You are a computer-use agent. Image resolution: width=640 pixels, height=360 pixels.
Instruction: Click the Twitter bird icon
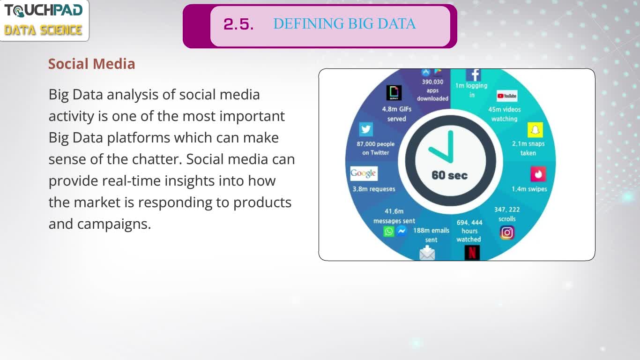pos(366,129)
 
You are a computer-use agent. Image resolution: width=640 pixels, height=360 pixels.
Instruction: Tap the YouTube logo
pos(507,96)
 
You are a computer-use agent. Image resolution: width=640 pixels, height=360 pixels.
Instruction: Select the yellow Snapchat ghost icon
pos(535,130)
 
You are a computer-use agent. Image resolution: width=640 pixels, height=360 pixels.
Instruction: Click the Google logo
pos(364,173)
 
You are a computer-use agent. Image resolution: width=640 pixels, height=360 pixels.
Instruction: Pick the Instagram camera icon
pos(507,232)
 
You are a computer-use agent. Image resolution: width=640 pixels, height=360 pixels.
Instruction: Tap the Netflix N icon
pos(472,253)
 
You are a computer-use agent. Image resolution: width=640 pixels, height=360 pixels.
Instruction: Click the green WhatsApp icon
pos(388,231)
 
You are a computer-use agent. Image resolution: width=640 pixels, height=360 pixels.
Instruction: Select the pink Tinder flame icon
pos(538,174)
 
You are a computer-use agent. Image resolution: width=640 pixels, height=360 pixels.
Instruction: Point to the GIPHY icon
pos(394,93)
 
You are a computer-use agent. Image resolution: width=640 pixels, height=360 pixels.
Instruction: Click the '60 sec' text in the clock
pos(449,175)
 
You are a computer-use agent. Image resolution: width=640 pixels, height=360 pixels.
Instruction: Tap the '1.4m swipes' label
pos(529,189)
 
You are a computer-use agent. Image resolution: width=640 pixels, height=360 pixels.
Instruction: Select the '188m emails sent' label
pos(431,235)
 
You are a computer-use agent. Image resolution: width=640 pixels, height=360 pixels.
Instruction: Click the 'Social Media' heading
pos(91,64)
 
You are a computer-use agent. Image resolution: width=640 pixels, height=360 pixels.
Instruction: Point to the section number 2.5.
pos(238,24)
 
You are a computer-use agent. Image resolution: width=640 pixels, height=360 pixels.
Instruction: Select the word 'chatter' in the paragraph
pos(157,159)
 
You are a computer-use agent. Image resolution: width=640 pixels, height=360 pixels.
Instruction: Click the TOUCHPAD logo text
pos(44,11)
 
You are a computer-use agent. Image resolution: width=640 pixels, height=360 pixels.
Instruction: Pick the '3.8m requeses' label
pos(374,189)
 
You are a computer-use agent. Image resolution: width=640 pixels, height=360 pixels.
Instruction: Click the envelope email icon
pos(427,253)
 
